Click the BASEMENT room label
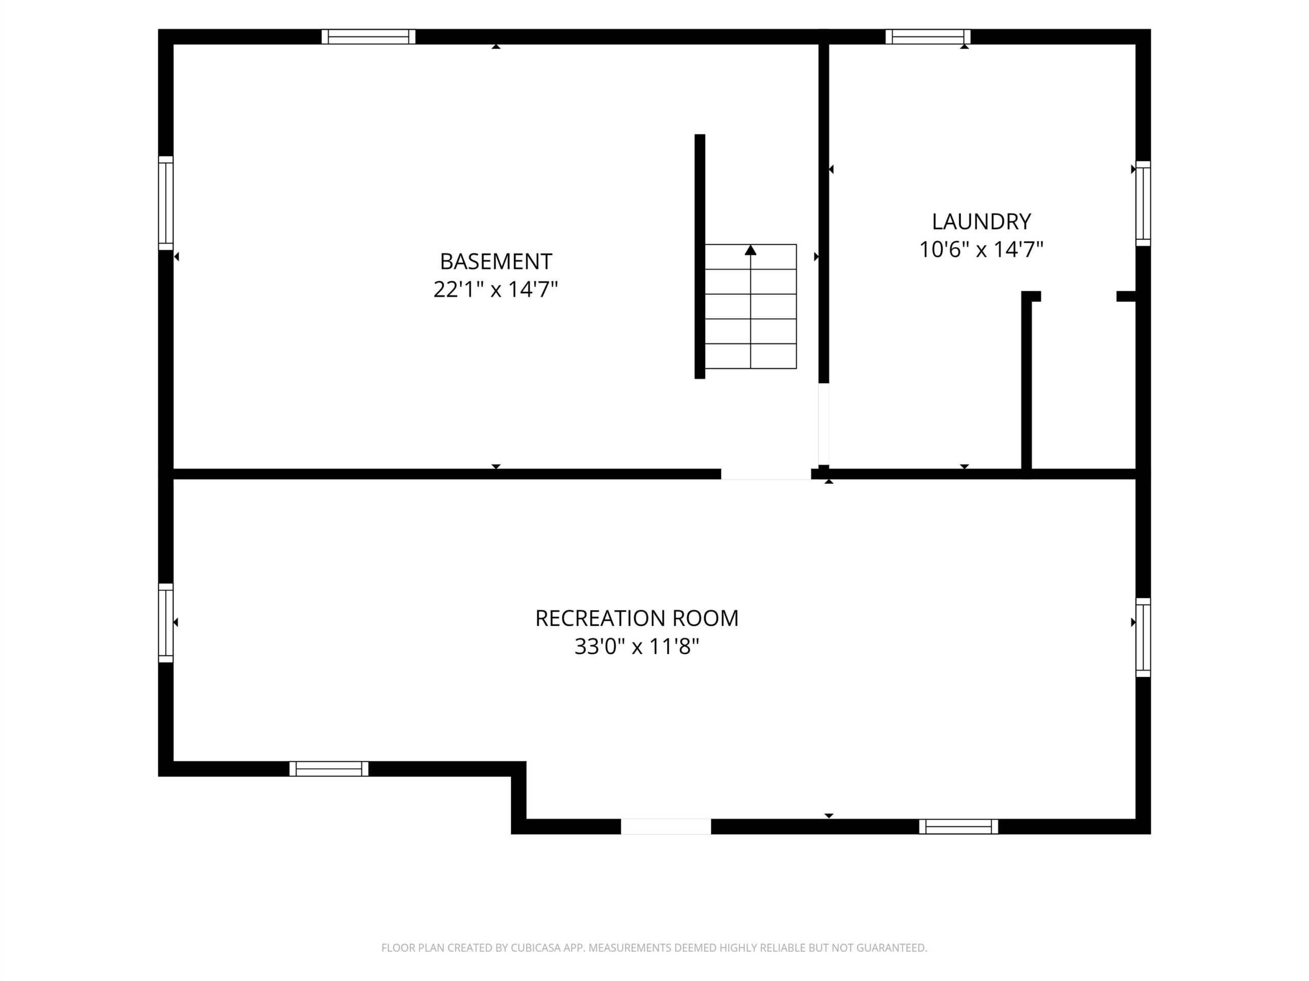coord(496,262)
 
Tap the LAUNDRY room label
coord(981,222)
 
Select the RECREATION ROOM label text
coord(637,619)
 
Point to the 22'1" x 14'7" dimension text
coord(496,290)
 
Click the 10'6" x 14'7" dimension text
coord(981,249)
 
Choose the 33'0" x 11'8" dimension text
coord(637,647)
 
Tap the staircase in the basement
coord(750,306)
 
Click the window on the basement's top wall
coord(368,37)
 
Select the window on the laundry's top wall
coord(928,37)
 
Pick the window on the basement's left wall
coord(166,203)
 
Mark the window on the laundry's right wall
coord(1143,203)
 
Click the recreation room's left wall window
coord(166,623)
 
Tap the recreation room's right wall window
coord(1143,638)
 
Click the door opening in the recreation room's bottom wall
coord(666,827)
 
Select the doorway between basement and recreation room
coord(766,474)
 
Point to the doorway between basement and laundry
coord(824,424)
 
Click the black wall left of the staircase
coord(699,256)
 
